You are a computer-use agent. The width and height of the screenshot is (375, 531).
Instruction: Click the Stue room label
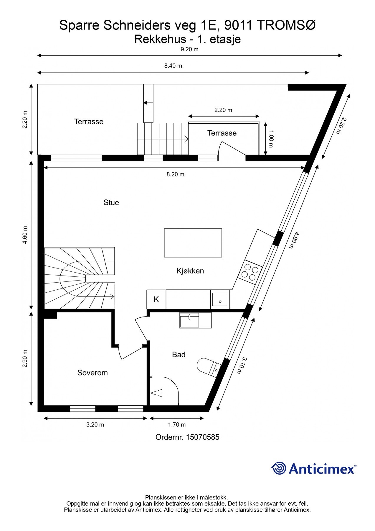pos(111,202)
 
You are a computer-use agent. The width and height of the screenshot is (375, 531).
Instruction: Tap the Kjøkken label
pos(190,271)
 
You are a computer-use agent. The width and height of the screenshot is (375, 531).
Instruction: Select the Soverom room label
pos(92,373)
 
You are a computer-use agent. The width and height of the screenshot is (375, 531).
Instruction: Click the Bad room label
pos(179,355)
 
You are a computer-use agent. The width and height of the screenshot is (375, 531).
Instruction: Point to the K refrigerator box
pos(156,299)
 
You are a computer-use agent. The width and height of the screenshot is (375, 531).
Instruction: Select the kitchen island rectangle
pos(193,243)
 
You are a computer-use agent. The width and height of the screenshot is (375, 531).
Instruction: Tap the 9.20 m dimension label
pos(189,50)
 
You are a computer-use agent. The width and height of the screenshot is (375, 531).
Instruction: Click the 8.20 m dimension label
pos(175,174)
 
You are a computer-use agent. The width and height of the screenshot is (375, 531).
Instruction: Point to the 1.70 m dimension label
pos(177,425)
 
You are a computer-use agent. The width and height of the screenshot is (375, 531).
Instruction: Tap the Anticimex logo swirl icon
pos(278,468)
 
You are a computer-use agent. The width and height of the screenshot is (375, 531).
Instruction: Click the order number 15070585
pos(203,437)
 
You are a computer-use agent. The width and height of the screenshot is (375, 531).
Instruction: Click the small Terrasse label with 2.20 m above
pos(222,133)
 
